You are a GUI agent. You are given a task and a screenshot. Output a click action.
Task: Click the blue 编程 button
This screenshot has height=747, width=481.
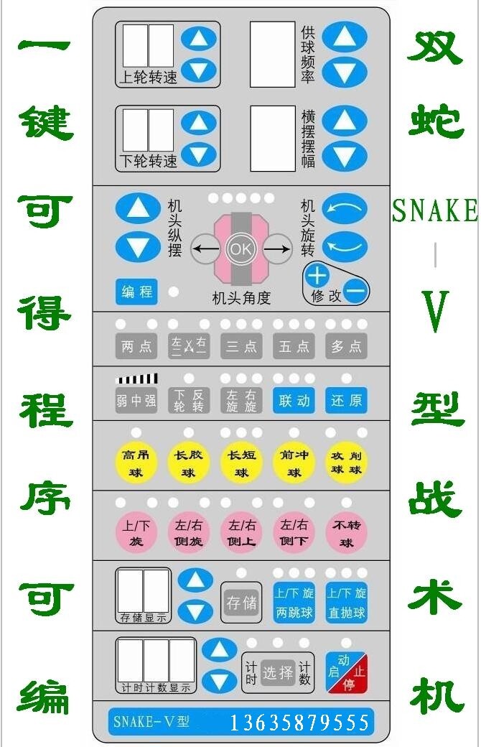[x=136, y=292]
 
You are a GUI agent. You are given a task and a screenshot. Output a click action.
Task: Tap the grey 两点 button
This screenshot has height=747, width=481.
[x=136, y=347]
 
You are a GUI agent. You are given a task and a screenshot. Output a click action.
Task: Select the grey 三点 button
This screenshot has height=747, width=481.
[x=241, y=347]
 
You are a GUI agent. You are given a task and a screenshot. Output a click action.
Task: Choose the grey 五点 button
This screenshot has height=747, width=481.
[x=294, y=347]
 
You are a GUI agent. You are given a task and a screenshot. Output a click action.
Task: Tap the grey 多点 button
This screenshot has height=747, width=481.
[x=346, y=347]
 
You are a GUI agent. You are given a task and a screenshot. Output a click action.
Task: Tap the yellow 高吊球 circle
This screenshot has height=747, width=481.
[x=136, y=462]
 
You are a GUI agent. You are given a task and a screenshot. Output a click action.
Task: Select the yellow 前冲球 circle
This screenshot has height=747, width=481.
[x=294, y=462]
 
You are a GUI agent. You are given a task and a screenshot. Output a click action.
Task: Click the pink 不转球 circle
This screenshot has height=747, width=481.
[x=346, y=532]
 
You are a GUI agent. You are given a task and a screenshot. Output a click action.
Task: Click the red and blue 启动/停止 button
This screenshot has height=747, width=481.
[x=346, y=672]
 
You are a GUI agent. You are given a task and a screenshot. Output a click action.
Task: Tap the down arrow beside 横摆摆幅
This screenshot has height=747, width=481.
[x=345, y=156]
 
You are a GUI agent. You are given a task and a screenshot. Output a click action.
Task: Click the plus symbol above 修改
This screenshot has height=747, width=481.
[x=318, y=275]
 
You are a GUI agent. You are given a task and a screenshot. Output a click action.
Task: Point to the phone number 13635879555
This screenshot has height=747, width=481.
[x=300, y=722]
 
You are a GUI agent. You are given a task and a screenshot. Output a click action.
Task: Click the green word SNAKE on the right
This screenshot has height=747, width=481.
[x=435, y=211]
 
